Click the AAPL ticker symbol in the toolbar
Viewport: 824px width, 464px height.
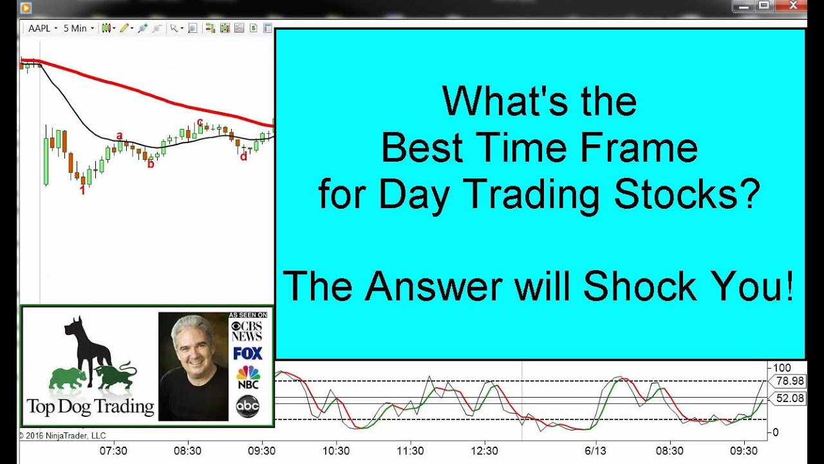point(39,28)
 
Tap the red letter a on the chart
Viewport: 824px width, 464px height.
point(119,136)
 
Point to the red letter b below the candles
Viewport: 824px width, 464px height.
point(151,164)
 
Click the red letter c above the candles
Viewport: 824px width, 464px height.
point(200,122)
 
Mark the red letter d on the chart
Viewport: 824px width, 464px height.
point(243,157)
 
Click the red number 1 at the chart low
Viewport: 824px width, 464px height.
point(83,190)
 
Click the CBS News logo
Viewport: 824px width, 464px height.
point(247,331)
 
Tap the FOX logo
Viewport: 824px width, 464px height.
point(248,354)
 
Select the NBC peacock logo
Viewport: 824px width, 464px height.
point(248,377)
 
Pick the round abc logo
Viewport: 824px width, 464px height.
point(248,406)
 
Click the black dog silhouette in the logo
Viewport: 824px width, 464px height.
point(89,346)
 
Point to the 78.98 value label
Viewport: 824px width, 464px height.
point(789,381)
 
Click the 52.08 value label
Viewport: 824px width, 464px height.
point(789,398)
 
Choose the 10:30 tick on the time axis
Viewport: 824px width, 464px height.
point(336,450)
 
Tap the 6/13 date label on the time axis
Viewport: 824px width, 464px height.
point(595,450)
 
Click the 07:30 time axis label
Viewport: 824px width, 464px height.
point(113,450)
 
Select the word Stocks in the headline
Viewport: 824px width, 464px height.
point(687,194)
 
